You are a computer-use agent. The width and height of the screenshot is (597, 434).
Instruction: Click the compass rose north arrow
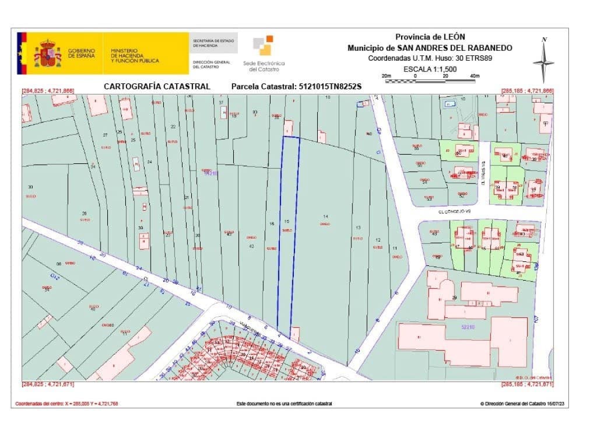point(543,61)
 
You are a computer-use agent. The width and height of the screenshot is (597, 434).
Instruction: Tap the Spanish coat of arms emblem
point(47,54)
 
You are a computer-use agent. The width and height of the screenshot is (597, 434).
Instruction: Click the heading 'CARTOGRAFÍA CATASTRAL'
point(157,86)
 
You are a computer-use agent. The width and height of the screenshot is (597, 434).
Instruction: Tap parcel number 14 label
point(325,217)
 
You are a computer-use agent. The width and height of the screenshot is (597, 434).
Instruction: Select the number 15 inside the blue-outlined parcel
point(286,222)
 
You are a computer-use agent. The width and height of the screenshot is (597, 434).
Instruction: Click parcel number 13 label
point(358,228)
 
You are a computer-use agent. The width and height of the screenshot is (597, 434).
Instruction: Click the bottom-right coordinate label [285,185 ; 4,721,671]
point(527,384)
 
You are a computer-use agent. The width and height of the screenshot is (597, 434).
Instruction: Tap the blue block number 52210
point(468,328)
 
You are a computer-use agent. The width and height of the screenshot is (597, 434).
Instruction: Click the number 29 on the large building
point(454,297)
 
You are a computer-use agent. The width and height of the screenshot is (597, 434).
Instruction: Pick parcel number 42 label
point(251,247)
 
